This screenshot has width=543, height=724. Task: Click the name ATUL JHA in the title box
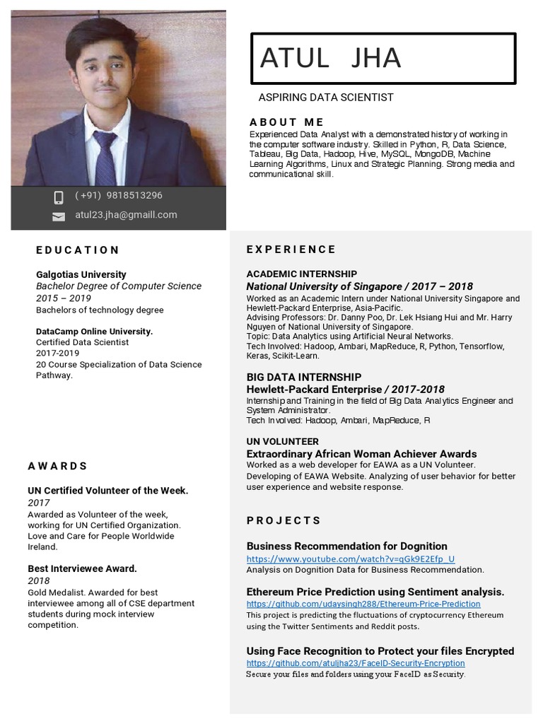330,58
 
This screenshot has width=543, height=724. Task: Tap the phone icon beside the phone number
59,197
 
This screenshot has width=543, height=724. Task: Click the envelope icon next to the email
59,216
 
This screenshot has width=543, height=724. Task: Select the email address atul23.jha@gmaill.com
126,215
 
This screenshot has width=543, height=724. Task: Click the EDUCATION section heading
78,250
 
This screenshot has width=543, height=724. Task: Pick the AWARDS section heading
58,466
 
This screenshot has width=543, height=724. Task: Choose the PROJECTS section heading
284,520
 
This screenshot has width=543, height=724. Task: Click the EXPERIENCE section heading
291,249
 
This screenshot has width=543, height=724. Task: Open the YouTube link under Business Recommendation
350,559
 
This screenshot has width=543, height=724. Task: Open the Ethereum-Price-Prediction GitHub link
363,604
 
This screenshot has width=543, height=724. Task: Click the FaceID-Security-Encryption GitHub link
355,663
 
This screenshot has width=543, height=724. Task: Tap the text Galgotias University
81,274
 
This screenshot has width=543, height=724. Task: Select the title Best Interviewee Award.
82,568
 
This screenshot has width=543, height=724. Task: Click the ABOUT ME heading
286,122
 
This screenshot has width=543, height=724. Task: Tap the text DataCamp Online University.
94,331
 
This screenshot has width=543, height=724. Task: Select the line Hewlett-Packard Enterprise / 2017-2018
345,389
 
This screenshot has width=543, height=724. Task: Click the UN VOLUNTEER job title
282,441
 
